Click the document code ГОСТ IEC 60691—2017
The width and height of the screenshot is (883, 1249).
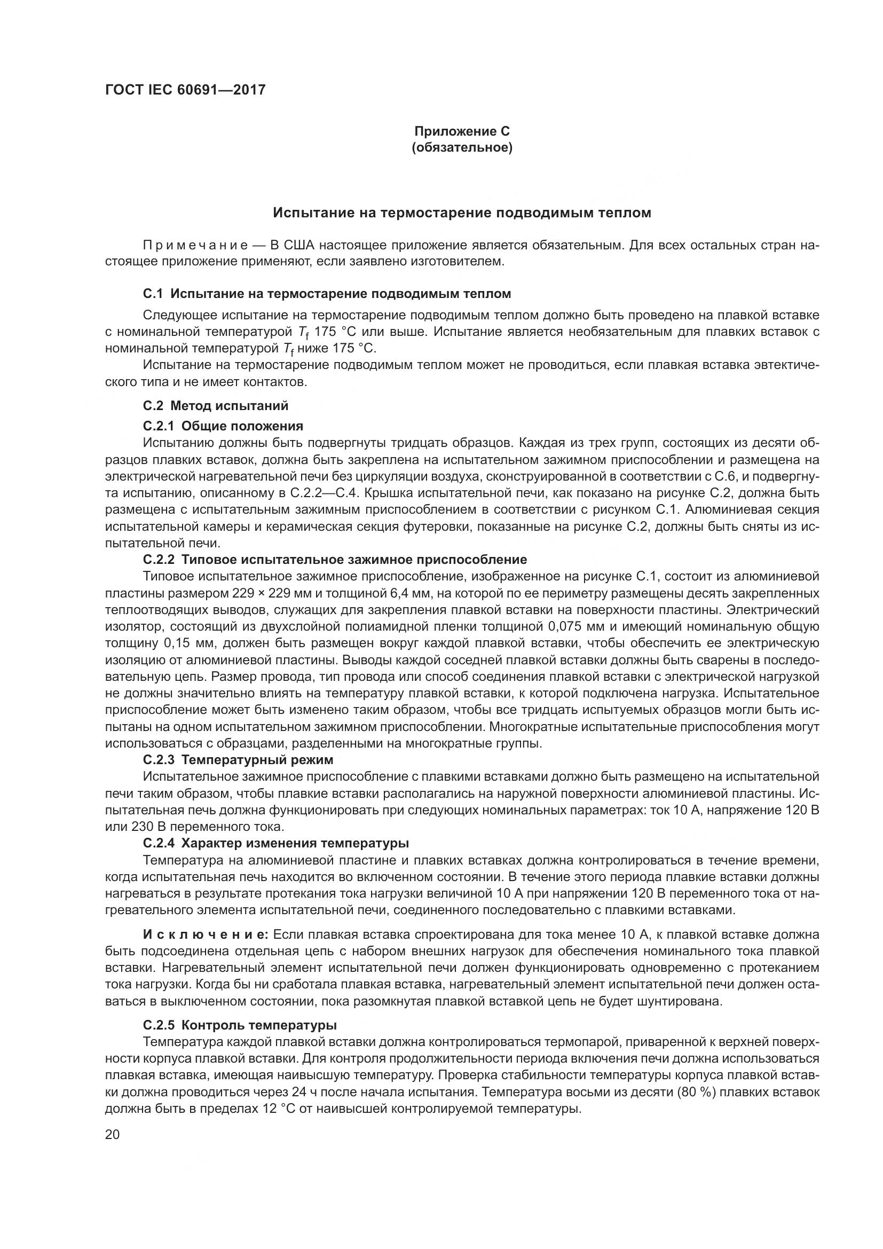click(x=185, y=90)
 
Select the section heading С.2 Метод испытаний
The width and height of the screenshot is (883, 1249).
click(x=215, y=405)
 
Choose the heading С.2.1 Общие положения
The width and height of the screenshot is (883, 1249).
click(x=223, y=426)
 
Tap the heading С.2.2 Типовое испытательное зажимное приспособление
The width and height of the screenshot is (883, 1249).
click(x=335, y=559)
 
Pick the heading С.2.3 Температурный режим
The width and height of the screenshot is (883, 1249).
click(x=238, y=759)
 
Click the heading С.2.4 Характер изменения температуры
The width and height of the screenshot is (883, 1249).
click(x=275, y=843)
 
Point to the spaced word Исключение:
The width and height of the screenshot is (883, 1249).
click(x=206, y=934)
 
